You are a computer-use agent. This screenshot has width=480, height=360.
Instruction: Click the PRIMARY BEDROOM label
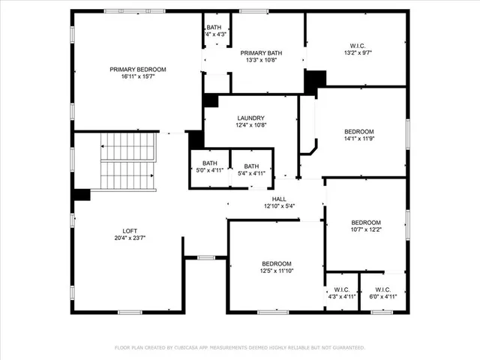138,69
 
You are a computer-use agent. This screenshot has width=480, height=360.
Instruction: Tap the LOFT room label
130,231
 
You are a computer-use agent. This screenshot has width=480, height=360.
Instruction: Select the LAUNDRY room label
250,118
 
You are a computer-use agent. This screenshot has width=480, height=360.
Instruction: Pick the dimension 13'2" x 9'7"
356,52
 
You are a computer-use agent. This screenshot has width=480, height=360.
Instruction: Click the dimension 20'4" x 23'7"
130,238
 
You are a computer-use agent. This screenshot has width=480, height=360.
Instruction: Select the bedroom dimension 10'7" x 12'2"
366,229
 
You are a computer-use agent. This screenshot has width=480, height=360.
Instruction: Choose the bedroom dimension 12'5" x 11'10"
276,271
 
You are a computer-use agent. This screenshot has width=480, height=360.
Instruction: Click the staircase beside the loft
128,161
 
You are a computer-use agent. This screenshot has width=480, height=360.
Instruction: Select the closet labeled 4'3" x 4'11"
342,293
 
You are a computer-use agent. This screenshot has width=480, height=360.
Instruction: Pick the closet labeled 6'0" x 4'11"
382,293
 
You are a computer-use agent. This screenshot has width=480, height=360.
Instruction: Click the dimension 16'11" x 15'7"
138,76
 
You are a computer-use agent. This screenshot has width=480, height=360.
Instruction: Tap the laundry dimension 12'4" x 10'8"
250,125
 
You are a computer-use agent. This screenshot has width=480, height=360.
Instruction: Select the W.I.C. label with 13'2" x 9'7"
356,45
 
